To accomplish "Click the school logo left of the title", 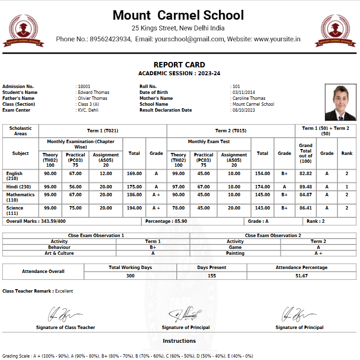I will coord(23,30).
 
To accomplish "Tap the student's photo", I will coord(340,103).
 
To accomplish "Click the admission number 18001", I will coord(84,87).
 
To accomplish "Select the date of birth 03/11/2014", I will coord(244,92).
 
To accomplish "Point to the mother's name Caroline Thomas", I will coord(249,98).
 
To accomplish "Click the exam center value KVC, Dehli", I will coord(88,110).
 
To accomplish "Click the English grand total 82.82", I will coord(305,174).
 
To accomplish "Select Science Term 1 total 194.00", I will coord(134,209).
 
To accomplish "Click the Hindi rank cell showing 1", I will coord(347,187).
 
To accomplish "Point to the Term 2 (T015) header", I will coord(231,131).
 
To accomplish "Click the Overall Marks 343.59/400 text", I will coord(35,222).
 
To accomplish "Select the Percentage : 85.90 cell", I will coord(167,222).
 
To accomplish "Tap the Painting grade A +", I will coord(318,253).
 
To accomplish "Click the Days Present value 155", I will coord(212,276).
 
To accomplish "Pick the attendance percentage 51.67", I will coord(302,276).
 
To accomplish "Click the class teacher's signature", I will coord(65,314).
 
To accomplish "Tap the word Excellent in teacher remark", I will coord(64,291).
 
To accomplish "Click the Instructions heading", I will coord(179,341).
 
